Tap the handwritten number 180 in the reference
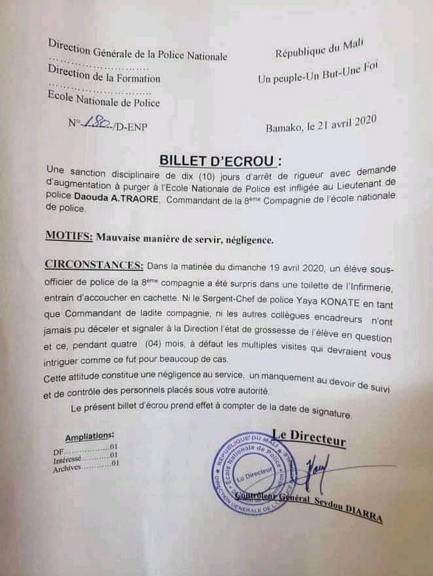(101, 123)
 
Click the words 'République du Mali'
(323, 51)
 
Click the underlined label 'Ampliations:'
(89, 436)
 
